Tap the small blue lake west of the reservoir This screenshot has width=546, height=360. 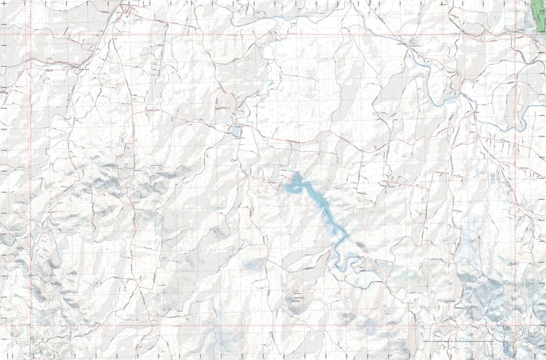tap(236, 130)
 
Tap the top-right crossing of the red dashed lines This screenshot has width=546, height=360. tap(515, 35)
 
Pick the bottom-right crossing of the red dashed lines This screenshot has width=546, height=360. tap(515, 325)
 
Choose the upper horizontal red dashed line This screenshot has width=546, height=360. tap(256, 35)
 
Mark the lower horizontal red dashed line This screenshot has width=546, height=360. tap(256, 325)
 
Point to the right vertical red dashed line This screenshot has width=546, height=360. tap(515, 179)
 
